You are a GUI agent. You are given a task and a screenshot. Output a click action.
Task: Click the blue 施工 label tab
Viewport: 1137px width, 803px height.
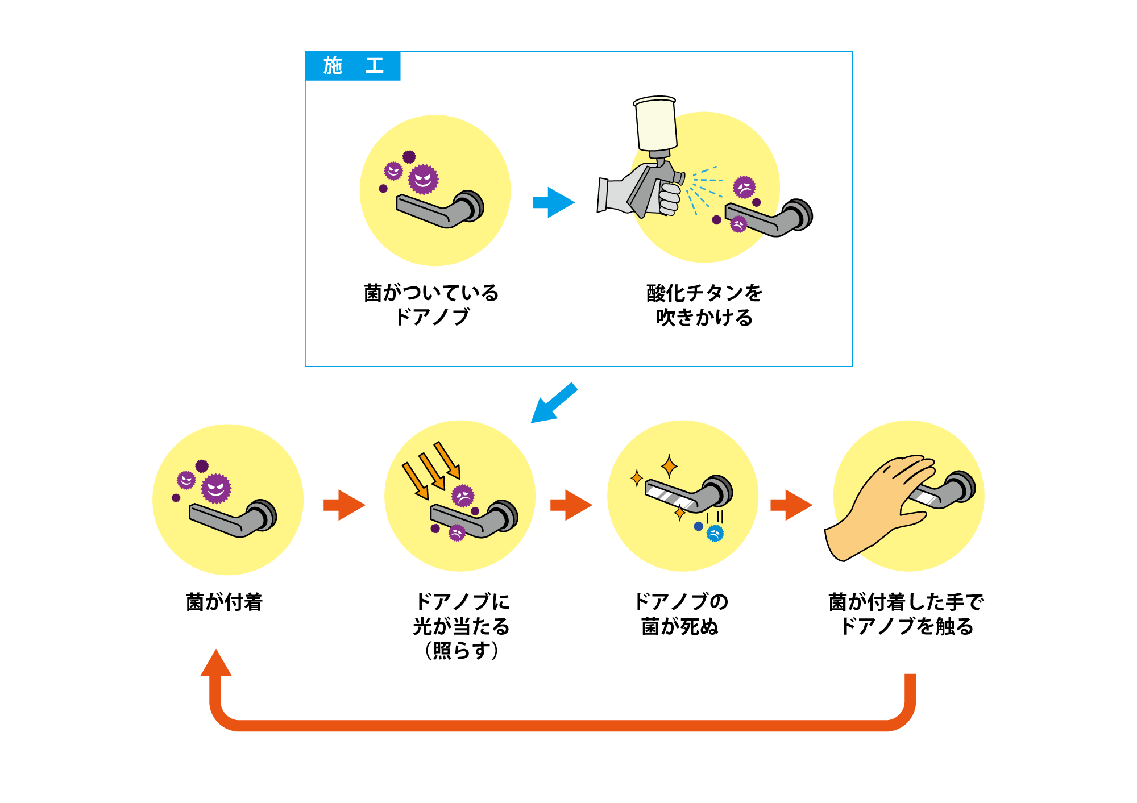(352, 66)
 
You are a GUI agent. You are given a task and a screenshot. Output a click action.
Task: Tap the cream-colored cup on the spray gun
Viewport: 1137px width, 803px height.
(656, 124)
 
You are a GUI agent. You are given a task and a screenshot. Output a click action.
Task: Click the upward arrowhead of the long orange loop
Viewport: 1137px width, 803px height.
(216, 663)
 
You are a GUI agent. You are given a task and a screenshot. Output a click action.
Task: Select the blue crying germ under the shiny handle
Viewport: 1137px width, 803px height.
(715, 533)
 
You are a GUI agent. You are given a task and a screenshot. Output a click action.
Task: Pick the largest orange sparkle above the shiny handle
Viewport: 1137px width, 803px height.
(669, 466)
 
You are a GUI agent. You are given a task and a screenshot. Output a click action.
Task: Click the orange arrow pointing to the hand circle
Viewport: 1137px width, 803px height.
(791, 505)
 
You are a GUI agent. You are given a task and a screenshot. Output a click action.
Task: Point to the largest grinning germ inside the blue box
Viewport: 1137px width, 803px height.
(424, 180)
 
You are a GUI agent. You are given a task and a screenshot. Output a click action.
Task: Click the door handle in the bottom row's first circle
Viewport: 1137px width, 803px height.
(233, 518)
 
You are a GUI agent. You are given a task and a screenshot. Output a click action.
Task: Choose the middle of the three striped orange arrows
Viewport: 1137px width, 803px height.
(432, 471)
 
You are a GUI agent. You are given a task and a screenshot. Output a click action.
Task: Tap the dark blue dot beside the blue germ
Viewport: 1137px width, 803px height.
(698, 526)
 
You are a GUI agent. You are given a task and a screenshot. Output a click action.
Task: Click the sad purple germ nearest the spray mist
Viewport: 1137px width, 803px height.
(744, 187)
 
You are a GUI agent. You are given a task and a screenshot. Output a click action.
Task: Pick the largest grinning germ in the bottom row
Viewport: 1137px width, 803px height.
(216, 488)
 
